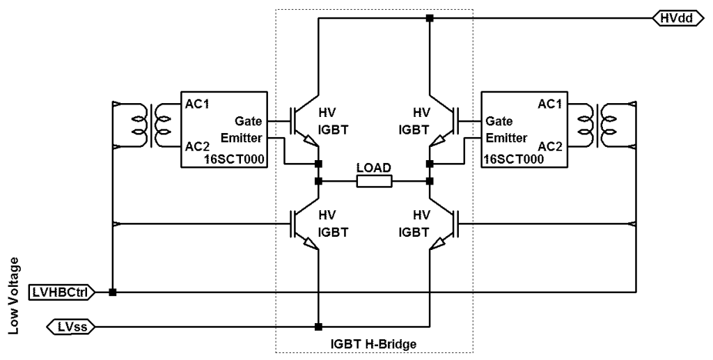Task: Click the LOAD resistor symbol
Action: click(374, 182)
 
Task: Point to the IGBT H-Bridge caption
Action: click(373, 344)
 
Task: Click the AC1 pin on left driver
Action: click(195, 103)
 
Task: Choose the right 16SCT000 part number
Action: click(512, 159)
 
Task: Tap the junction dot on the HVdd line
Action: click(430, 19)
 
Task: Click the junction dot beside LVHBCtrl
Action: click(113, 292)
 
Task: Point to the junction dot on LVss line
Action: click(318, 326)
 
